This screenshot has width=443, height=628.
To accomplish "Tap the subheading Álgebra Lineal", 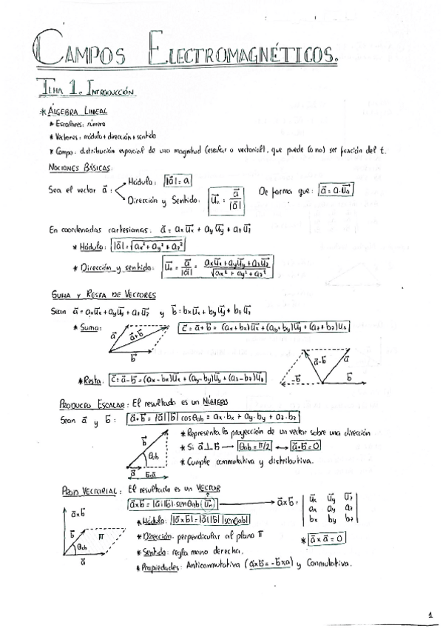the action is (x=82, y=111).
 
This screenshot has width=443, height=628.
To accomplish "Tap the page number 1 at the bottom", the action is (x=430, y=614).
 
